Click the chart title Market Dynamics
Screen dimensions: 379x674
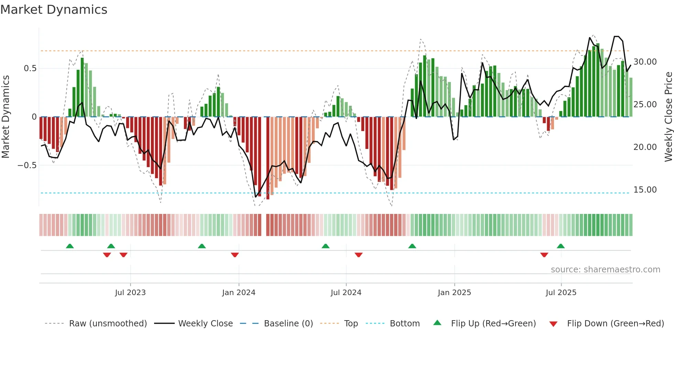[54, 10]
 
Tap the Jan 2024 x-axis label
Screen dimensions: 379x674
[239, 293]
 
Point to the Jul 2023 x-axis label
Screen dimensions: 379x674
[130, 293]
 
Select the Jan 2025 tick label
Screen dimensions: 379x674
[454, 293]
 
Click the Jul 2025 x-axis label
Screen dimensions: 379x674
[561, 293]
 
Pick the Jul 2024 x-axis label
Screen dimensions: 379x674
[346, 293]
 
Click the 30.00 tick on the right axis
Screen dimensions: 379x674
[645, 62]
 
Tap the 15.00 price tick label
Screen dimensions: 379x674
[645, 190]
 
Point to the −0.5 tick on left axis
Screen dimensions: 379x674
[27, 165]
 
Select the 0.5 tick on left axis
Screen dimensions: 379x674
[30, 68]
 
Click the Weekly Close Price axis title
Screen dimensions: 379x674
[668, 117]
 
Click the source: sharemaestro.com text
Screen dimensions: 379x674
[605, 270]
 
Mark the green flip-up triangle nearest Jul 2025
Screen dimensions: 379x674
[561, 246]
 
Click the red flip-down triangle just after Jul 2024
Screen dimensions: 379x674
[358, 255]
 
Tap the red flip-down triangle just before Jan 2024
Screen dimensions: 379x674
[235, 255]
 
